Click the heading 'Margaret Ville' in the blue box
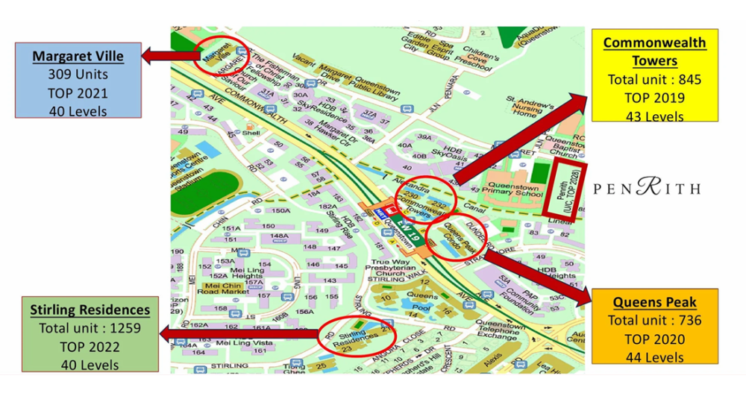[x=78, y=56]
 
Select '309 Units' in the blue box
[x=78, y=75]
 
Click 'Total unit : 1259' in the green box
[x=90, y=328]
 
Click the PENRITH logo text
[x=647, y=187]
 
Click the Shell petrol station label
[x=249, y=134]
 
